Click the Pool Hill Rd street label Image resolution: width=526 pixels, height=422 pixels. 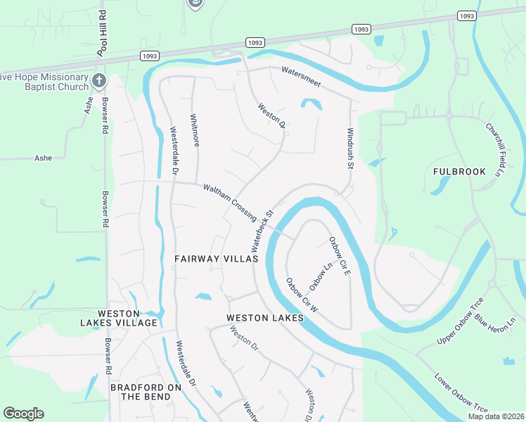pyautogui.click(x=103, y=34)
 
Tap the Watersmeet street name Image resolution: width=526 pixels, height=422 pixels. pyautogui.click(x=301, y=77)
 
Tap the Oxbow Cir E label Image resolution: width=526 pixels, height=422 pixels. pyautogui.click(x=339, y=256)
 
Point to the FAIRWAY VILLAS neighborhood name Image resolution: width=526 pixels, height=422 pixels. pyautogui.click(x=216, y=259)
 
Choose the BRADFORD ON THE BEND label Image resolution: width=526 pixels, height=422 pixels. pyautogui.click(x=146, y=392)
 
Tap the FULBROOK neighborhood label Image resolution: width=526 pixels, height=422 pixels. pyautogui.click(x=459, y=171)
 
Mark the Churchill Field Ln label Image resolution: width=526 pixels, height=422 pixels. pyautogui.click(x=496, y=149)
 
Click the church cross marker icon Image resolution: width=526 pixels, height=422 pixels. pyautogui.click(x=98, y=80)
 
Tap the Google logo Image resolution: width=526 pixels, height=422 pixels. pyautogui.click(x=23, y=414)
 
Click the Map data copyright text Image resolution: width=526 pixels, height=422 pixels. pyautogui.click(x=496, y=416)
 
